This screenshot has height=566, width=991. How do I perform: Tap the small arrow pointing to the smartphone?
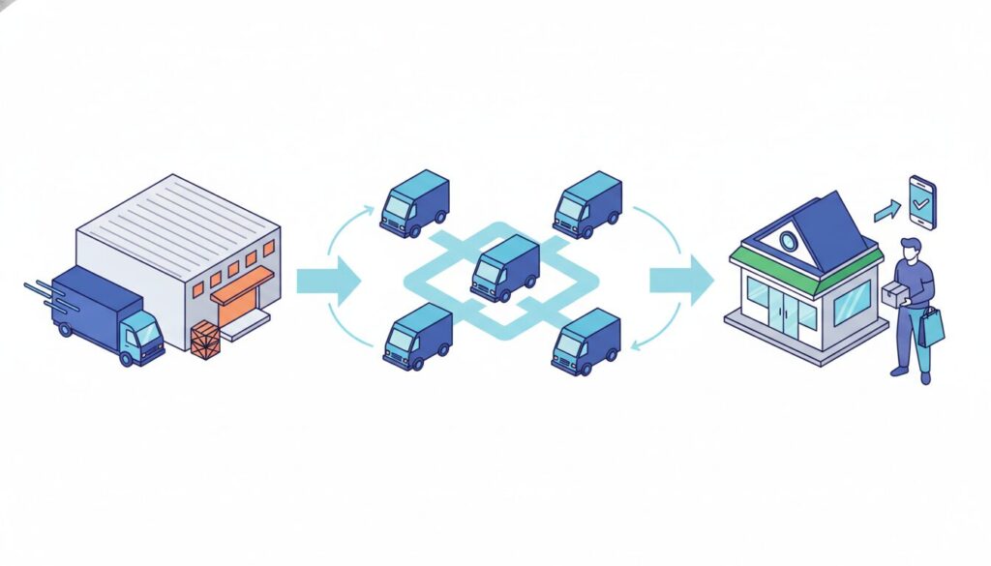[886, 210]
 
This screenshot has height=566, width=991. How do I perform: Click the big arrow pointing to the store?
[680, 280]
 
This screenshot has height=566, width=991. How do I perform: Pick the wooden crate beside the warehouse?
[205, 340]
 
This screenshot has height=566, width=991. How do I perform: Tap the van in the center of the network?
[504, 268]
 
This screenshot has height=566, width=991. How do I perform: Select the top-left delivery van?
[414, 203]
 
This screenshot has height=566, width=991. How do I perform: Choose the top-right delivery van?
[586, 204]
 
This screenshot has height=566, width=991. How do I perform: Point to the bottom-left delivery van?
[417, 336]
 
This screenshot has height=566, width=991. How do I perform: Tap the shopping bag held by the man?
[931, 327]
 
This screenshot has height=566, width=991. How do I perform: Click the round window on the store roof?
[789, 239]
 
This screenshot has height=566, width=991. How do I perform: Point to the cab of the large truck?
[140, 335]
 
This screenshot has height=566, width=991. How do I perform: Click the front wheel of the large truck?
[127, 355]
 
